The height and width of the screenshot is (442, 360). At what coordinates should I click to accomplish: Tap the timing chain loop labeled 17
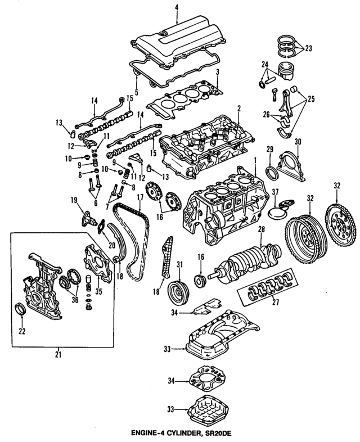coord(129,242)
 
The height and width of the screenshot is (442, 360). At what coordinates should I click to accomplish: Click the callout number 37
coord(275,192)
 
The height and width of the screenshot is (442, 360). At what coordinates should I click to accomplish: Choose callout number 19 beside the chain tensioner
coord(74,200)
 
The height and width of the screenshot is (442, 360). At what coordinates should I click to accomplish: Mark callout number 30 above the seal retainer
coord(298,141)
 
